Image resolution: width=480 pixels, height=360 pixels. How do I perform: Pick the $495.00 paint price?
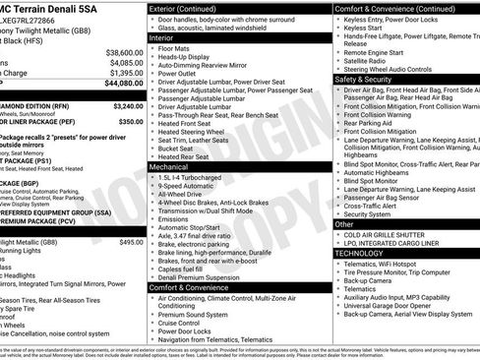pyautogui.click(x=131, y=241)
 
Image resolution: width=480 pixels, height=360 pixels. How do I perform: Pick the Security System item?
pyautogui.click(x=367, y=213)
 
